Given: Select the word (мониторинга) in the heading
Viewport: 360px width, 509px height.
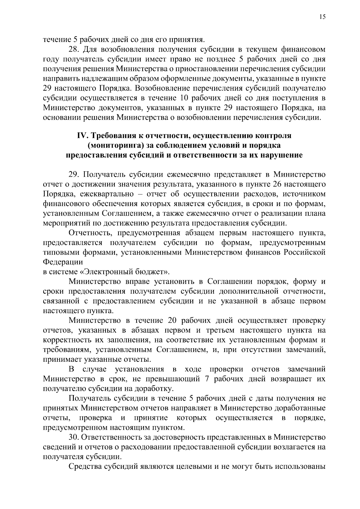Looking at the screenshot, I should (x=115, y=146).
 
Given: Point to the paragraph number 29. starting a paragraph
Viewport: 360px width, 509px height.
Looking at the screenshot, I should (x=75, y=175).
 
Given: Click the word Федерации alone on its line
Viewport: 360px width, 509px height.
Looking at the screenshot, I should (x=63, y=262).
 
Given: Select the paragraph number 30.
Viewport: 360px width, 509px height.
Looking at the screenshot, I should (x=74, y=437).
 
